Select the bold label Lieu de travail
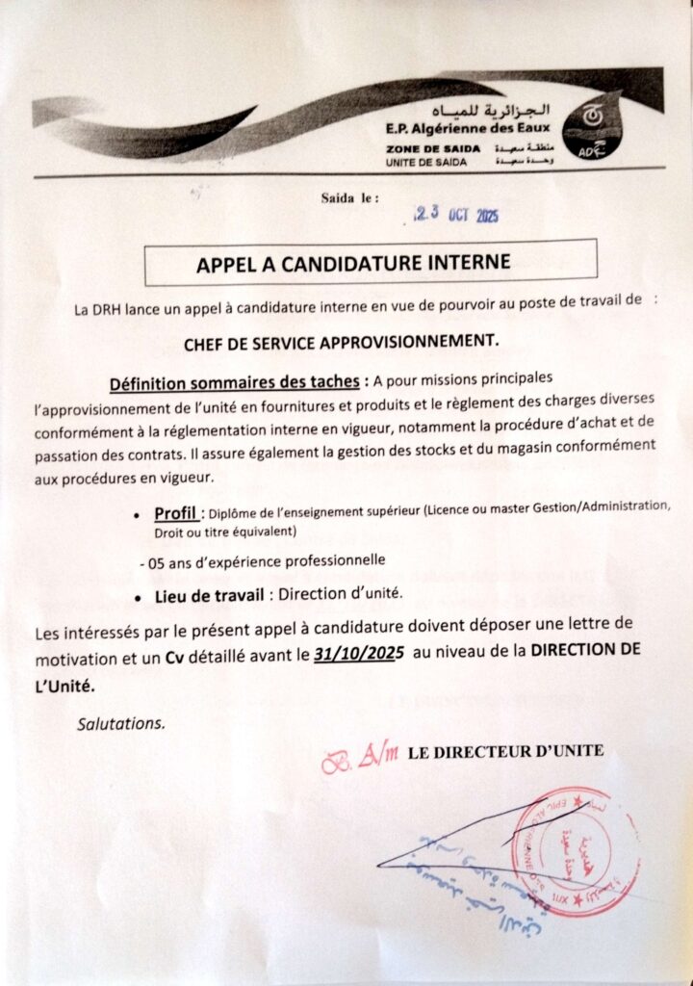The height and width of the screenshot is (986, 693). click(x=211, y=597)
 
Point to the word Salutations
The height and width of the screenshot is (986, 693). click(x=121, y=722)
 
